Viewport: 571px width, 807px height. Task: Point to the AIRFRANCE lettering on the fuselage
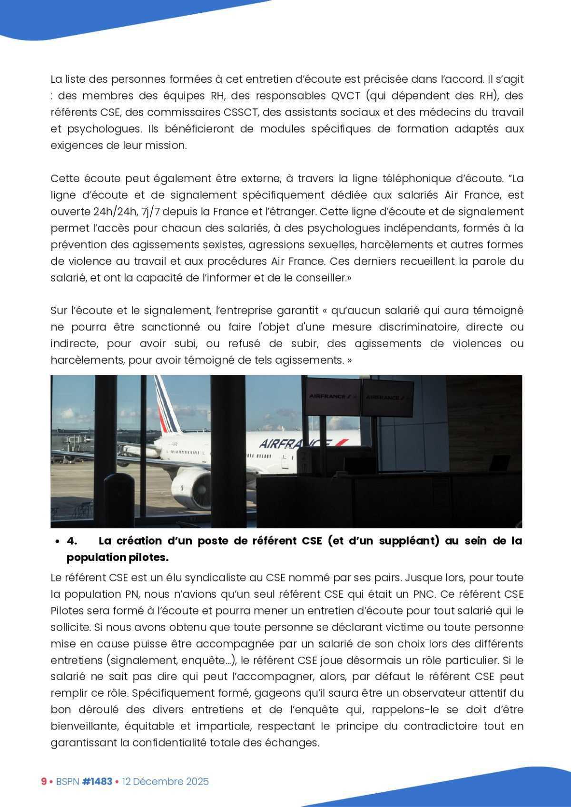(295, 444)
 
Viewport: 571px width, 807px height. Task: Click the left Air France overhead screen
(333, 396)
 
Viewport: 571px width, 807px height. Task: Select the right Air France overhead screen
(388, 397)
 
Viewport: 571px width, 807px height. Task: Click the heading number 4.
(72, 541)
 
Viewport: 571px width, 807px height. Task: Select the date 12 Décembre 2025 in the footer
(165, 782)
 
